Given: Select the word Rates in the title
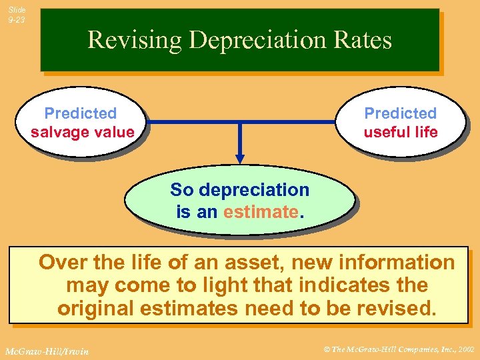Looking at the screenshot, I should pyautogui.click(x=366, y=40).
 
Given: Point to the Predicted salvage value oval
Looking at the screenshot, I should pyautogui.click(x=82, y=123).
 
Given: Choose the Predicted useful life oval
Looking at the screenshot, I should pyautogui.click(x=401, y=123).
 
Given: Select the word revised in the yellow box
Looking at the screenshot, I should pyautogui.click(x=401, y=309).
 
